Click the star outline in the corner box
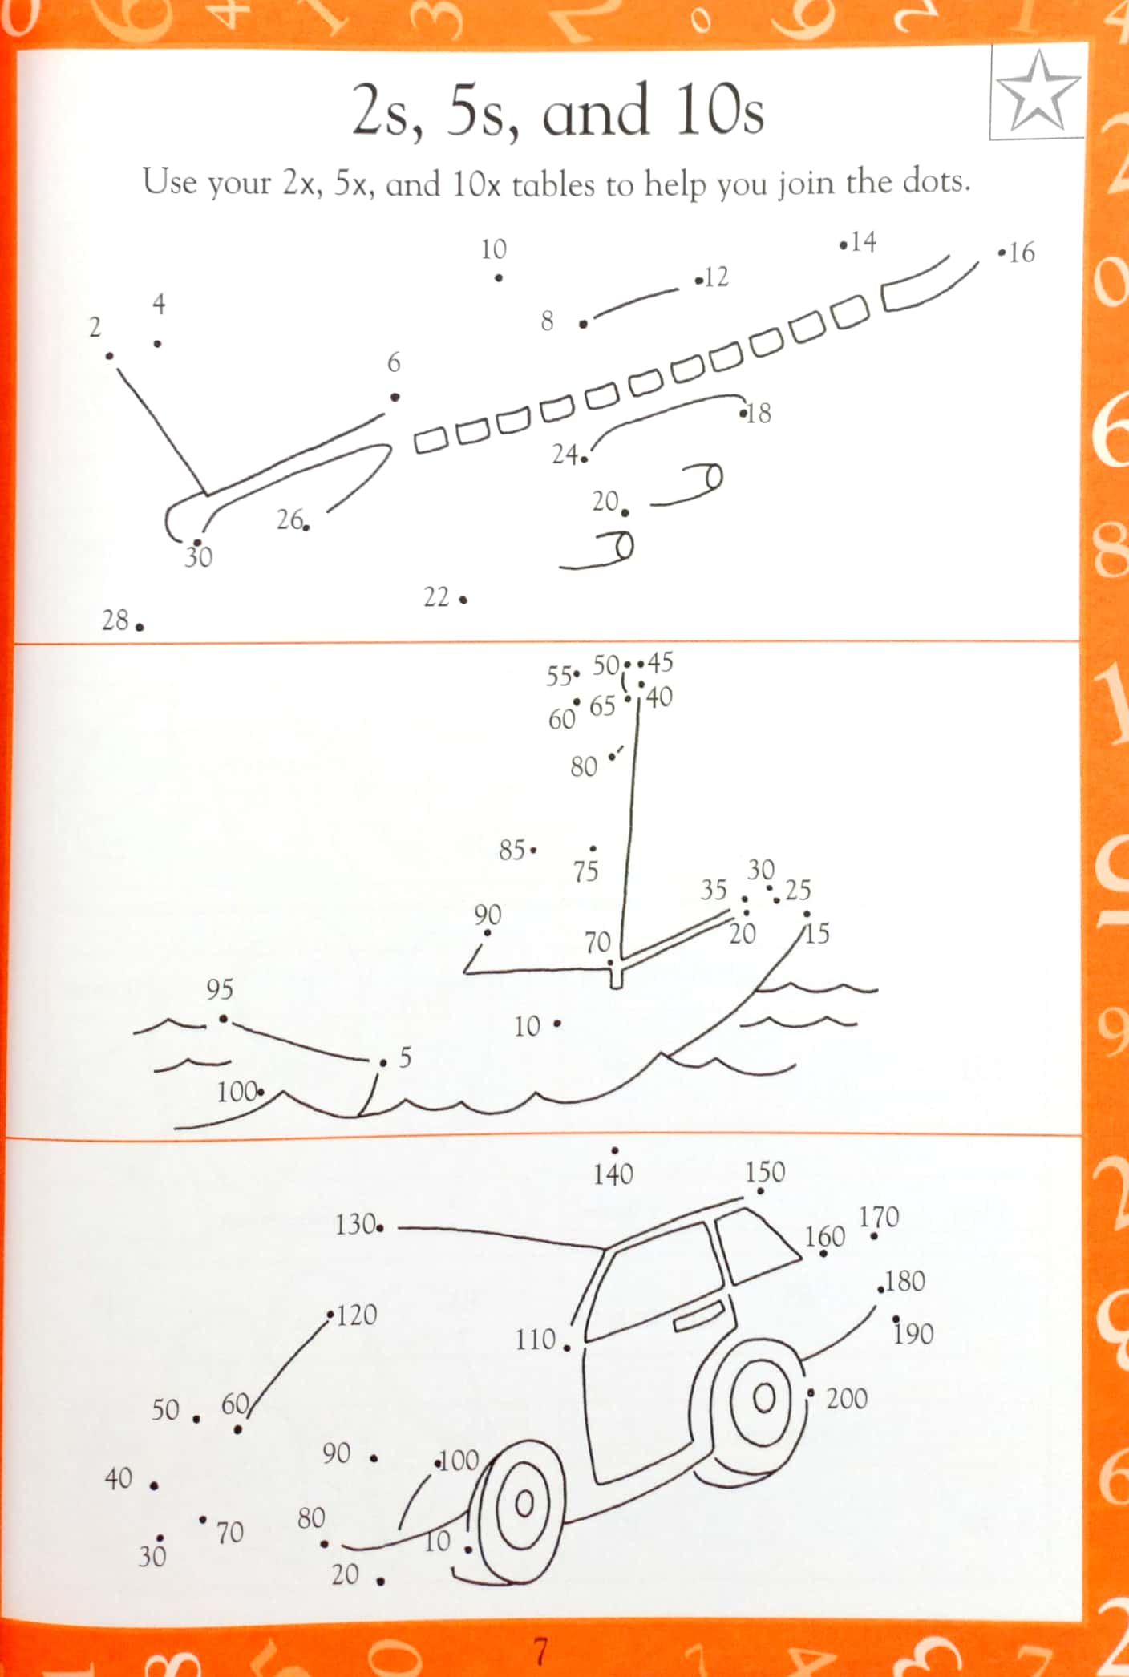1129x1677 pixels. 1038,92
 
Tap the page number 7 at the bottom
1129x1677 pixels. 541,1651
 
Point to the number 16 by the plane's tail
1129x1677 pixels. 1022,253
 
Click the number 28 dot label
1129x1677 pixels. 115,620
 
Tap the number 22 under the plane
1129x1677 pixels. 436,597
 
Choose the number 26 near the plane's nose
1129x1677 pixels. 289,519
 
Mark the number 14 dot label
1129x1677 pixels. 864,242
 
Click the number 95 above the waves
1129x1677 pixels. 220,989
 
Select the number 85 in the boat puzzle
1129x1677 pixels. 512,850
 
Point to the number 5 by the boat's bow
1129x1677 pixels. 405,1058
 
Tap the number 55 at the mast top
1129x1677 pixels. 560,676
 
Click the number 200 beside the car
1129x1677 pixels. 847,1399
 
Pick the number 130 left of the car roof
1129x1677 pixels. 355,1224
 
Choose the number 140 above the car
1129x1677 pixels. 613,1174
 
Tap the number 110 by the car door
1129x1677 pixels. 536,1339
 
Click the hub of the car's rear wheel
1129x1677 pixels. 764,1398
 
